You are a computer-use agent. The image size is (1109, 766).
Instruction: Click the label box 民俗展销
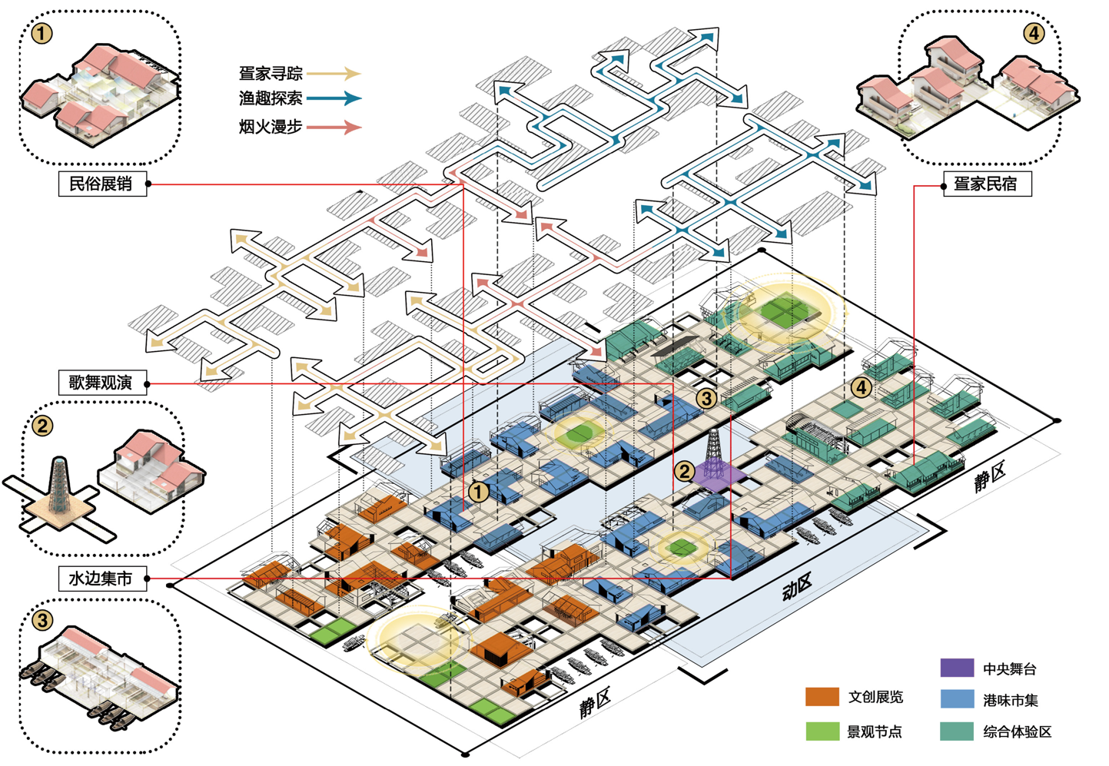tap(102, 184)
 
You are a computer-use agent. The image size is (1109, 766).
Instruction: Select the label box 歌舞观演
tap(102, 383)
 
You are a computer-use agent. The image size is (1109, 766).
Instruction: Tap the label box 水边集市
tap(102, 579)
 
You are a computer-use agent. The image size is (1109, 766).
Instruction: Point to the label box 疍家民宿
tap(987, 184)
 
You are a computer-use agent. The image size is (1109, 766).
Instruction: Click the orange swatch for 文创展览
tap(822, 697)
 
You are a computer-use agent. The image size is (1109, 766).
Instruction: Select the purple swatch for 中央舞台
tap(957, 668)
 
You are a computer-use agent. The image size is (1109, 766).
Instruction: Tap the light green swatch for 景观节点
tap(822, 731)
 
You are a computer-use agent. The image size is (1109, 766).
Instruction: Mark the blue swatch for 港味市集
tap(957, 699)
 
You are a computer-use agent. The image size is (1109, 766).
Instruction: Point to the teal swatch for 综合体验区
tap(957, 731)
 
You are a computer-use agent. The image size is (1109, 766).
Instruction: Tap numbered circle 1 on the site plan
tap(479, 492)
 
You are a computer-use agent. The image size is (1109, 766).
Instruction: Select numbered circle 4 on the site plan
tap(862, 387)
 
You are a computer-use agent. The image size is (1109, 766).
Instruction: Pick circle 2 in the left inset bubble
tap(42, 425)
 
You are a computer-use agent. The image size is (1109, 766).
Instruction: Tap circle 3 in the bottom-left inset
tap(42, 619)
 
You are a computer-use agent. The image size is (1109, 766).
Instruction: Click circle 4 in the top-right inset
tap(1034, 33)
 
